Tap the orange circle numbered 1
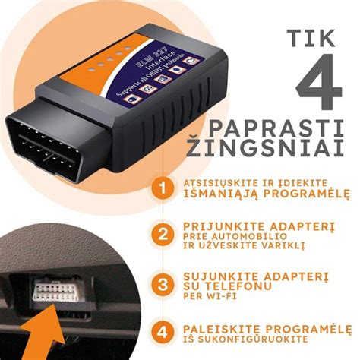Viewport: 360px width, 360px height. pyautogui.click(x=160, y=189)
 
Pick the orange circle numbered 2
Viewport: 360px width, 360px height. pyautogui.click(x=160, y=234)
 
